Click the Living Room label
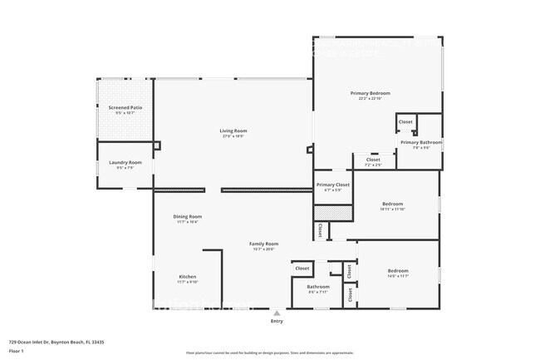pyautogui.click(x=233, y=131)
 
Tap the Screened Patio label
pyautogui.click(x=125, y=108)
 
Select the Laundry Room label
pyautogui.click(x=125, y=162)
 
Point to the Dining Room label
pyautogui.click(x=188, y=216)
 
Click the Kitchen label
pyautogui.click(x=188, y=276)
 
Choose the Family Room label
pyautogui.click(x=263, y=244)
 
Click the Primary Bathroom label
pyautogui.click(x=421, y=142)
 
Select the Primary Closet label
pyautogui.click(x=332, y=185)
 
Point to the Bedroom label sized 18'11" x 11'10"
pyautogui.click(x=392, y=204)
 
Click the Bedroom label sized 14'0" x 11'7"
pyautogui.click(x=398, y=271)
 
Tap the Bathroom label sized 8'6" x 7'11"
pyautogui.click(x=318, y=287)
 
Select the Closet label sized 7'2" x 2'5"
pyautogui.click(x=373, y=160)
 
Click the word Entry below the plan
pyautogui.click(x=276, y=321)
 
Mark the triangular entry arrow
pyautogui.click(x=276, y=313)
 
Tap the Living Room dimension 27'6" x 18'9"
pyautogui.click(x=233, y=136)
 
